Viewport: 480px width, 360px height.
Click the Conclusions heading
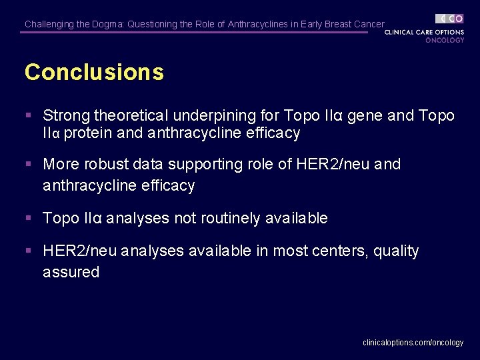point(94,72)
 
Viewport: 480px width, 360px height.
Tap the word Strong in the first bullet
point(67,116)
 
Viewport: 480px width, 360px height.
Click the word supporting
point(205,165)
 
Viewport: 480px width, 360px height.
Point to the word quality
point(397,252)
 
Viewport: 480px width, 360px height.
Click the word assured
point(71,272)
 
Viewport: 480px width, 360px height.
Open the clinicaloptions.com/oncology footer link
point(413,343)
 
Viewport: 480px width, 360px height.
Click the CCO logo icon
point(449,19)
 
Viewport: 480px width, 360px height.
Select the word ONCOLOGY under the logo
point(445,40)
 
